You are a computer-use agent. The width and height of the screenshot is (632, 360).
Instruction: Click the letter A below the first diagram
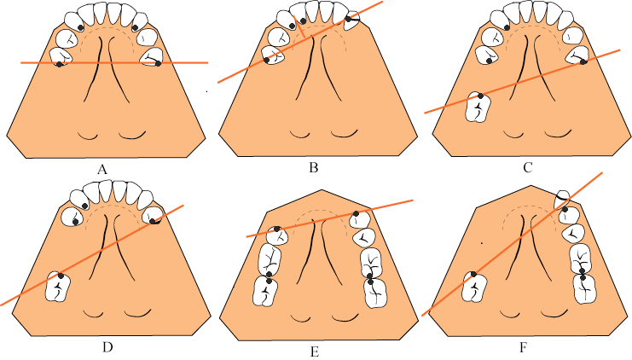[x=101, y=168]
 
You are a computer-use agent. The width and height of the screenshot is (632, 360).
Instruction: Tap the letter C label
[x=527, y=167]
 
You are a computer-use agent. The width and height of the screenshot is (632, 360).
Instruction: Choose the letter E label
[x=315, y=345]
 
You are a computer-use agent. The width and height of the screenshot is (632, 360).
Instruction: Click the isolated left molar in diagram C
[x=480, y=107]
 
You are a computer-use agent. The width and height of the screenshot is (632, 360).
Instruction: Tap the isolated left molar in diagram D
[x=59, y=287]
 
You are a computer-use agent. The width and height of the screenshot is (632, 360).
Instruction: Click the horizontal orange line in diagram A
[x=111, y=62]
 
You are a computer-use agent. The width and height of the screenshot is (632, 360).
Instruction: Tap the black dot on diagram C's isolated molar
[x=480, y=96]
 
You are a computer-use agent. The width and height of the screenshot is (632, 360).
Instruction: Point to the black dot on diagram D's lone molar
[x=61, y=276]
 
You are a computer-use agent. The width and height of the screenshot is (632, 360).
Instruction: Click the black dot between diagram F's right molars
[x=582, y=273]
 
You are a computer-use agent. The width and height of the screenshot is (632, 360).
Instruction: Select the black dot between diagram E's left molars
[x=269, y=280]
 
